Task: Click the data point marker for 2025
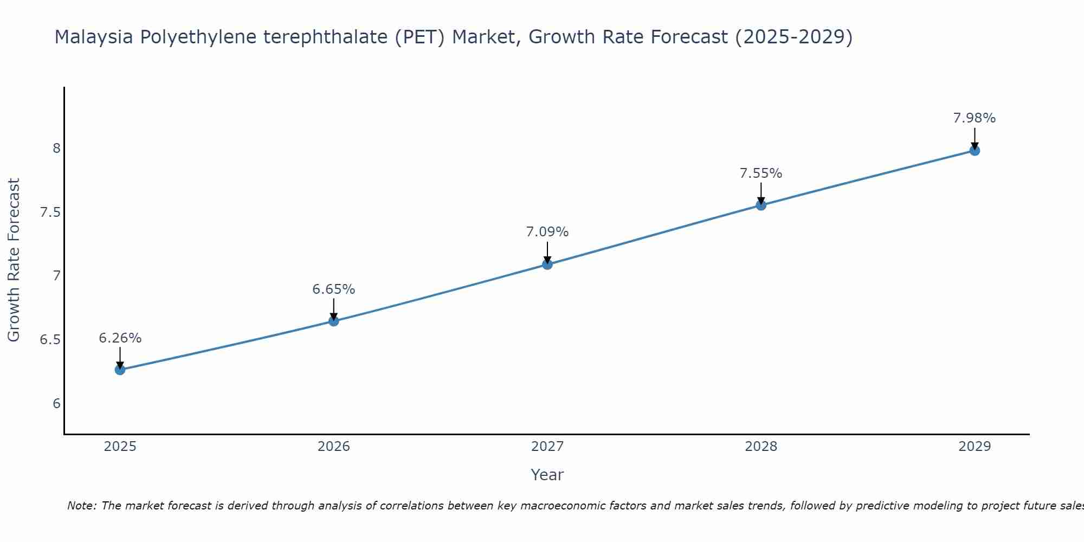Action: click(120, 370)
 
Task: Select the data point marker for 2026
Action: click(334, 321)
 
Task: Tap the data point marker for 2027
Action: click(547, 264)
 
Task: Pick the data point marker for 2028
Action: click(761, 205)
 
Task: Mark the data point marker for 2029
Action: click(975, 150)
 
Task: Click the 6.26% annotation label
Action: click(120, 338)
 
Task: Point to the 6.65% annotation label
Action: click(334, 289)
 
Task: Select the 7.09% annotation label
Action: click(547, 232)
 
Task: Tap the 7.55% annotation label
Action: click(761, 173)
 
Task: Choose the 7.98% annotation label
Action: click(975, 118)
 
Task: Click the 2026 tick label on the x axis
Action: click(334, 447)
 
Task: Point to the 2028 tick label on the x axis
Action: click(761, 447)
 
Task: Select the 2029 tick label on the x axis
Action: click(975, 447)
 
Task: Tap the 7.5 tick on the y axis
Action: click(50, 212)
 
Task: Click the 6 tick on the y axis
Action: click(56, 404)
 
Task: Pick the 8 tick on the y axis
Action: click(56, 148)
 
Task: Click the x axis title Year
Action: click(547, 475)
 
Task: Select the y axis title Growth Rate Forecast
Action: click(14, 260)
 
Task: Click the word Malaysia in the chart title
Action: click(93, 37)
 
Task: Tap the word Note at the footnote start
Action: click(81, 506)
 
